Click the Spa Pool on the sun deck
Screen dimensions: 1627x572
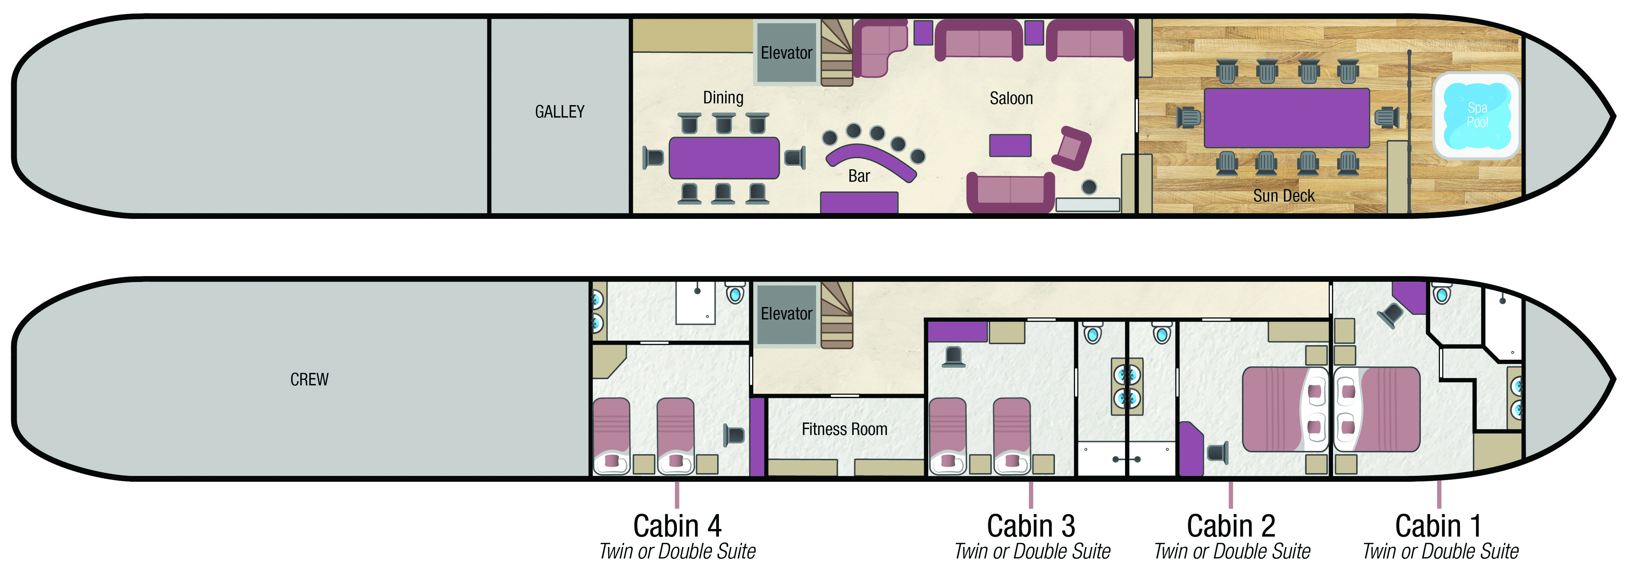coord(1477,116)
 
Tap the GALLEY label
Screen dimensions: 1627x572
coord(560,112)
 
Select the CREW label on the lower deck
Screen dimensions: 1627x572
coord(310,379)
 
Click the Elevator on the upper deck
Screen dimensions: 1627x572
coord(786,53)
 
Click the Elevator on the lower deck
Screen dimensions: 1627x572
coord(786,314)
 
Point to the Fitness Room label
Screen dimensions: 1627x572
coord(845,429)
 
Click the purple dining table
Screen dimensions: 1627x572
coord(724,158)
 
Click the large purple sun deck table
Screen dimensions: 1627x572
coord(1286,118)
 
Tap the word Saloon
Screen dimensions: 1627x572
coord(1011,99)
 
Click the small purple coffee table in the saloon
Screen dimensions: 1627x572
coord(1010,145)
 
